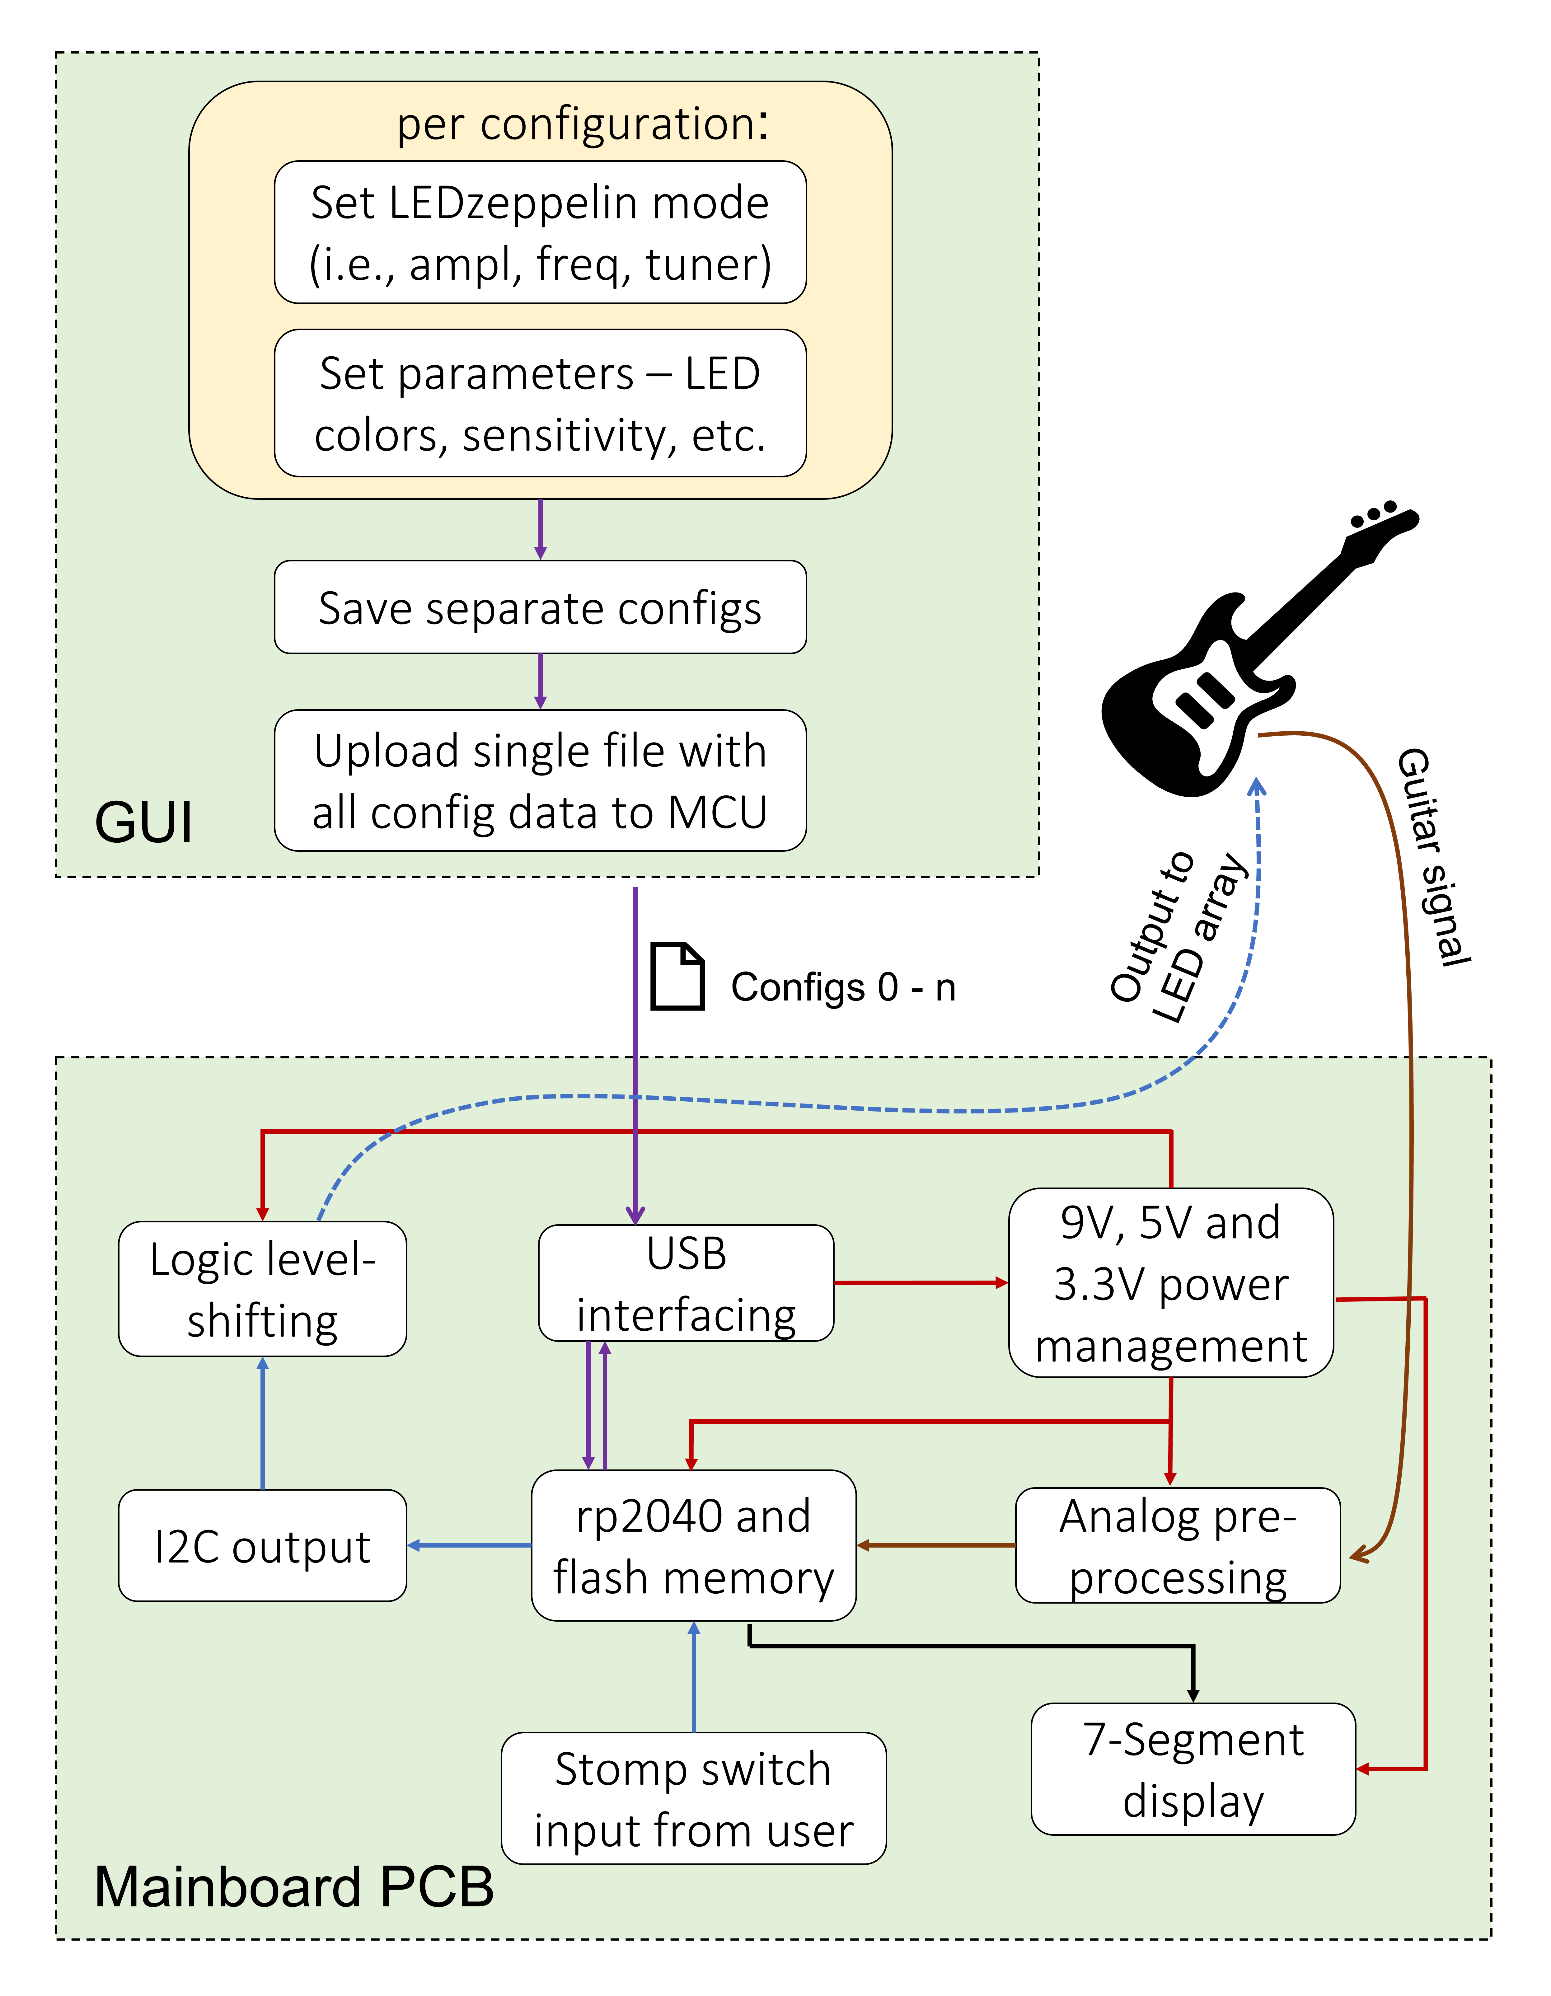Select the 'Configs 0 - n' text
tap(843, 987)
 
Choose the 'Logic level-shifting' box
tap(262, 1289)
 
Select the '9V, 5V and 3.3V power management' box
tap(1171, 1283)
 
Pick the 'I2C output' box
tap(262, 1545)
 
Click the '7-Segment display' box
tap(1193, 1769)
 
